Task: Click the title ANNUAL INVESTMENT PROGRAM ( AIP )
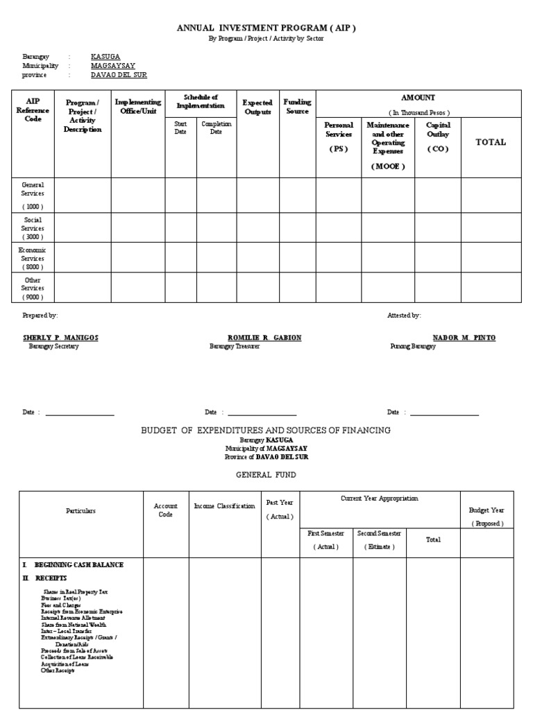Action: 266,28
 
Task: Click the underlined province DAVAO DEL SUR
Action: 119,74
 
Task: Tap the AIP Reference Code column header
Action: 33,110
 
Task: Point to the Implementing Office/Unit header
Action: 138,107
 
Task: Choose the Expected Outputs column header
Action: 257,107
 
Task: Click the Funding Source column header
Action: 297,107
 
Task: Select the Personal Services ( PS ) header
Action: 339,137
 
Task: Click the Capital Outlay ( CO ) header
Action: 438,137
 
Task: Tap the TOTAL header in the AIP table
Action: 490,142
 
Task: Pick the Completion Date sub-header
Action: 216,128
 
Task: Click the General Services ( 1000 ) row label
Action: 33,196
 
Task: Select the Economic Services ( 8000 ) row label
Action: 33,258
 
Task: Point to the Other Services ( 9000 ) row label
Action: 33,288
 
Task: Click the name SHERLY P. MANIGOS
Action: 60,338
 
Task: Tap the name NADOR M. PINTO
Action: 464,338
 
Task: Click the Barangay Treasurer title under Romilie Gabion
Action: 235,346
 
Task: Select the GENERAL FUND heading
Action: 266,475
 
